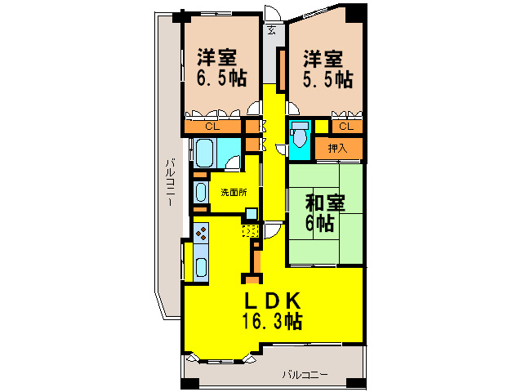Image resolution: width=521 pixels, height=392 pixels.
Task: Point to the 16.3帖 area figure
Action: point(271,321)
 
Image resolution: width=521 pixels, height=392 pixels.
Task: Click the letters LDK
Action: point(271,299)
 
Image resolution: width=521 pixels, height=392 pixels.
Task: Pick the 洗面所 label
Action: point(234,193)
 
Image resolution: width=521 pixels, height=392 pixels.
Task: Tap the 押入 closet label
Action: point(337,148)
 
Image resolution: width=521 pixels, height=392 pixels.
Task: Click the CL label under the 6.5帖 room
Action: point(212,127)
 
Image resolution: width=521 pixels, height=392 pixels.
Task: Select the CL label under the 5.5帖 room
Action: point(345,127)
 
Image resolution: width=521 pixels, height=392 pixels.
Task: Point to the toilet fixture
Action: point(300,133)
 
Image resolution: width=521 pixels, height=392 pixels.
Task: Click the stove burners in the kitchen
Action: point(201,234)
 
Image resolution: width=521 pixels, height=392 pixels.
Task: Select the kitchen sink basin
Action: point(201,266)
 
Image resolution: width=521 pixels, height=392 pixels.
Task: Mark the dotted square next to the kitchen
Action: point(250,231)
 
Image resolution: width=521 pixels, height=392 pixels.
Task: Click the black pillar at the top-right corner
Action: point(356,11)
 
